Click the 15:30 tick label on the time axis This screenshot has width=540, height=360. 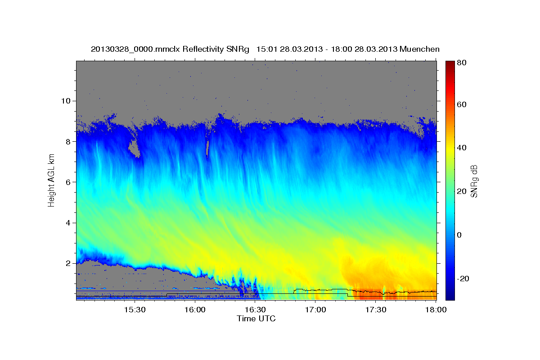pyautogui.click(x=134, y=310)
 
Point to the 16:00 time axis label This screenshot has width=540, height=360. pyautogui.click(x=195, y=310)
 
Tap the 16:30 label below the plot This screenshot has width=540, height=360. pyautogui.click(x=255, y=310)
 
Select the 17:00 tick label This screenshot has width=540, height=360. pyautogui.click(x=315, y=310)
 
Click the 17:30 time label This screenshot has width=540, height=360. pyautogui.click(x=376, y=310)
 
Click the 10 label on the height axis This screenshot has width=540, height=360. pyautogui.click(x=65, y=101)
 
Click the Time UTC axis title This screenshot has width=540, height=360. pyautogui.click(x=256, y=319)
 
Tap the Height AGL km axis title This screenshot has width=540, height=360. pyautogui.click(x=52, y=180)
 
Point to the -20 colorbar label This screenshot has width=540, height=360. pyautogui.click(x=464, y=279)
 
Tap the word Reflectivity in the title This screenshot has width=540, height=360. pyautogui.click(x=202, y=49)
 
